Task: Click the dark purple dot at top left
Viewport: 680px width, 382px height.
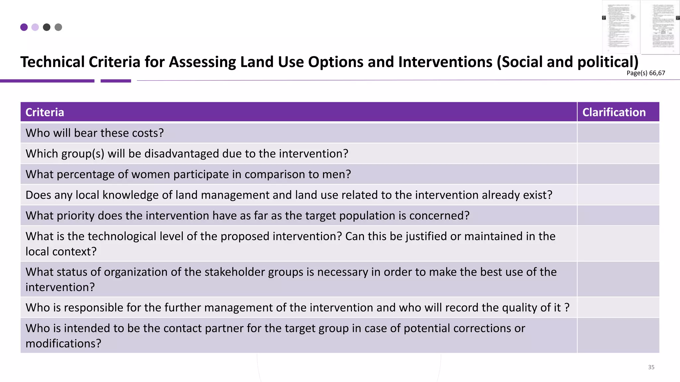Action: tap(24, 27)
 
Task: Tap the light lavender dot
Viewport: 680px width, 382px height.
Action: tap(35, 27)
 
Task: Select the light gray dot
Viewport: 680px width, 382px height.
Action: tap(58, 27)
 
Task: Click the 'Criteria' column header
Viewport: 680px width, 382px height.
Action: tap(45, 112)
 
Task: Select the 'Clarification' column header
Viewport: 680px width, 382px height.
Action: tap(614, 112)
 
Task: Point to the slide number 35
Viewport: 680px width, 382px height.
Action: tap(651, 367)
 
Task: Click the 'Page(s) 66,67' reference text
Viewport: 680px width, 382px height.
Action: tap(646, 73)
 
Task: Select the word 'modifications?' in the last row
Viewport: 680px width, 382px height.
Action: tap(63, 344)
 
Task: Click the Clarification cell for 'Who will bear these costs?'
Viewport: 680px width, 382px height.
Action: tap(618, 133)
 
